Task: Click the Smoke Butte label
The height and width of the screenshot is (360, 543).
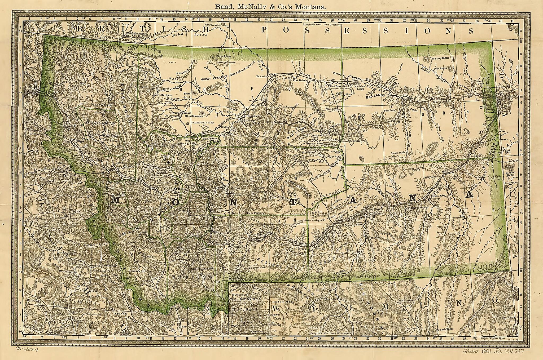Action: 398,153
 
